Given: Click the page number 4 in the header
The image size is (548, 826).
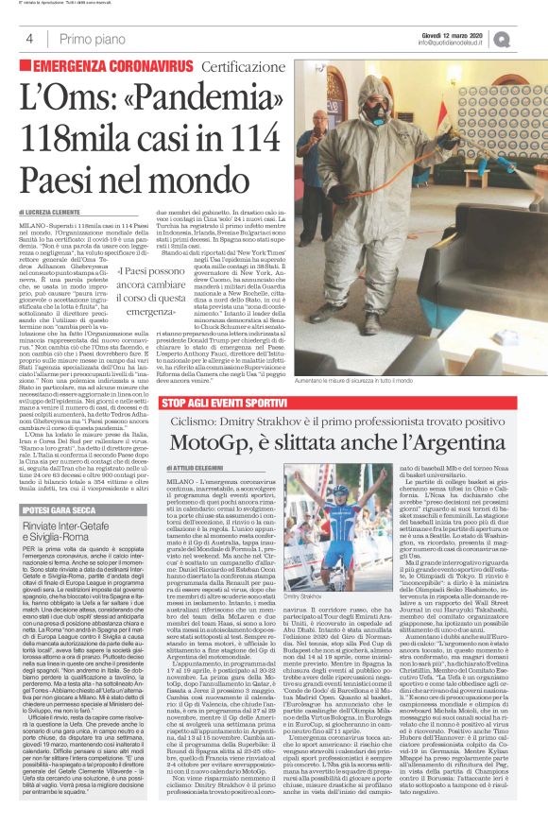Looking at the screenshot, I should (30, 39).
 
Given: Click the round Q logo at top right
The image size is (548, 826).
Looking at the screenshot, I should (526, 39).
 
